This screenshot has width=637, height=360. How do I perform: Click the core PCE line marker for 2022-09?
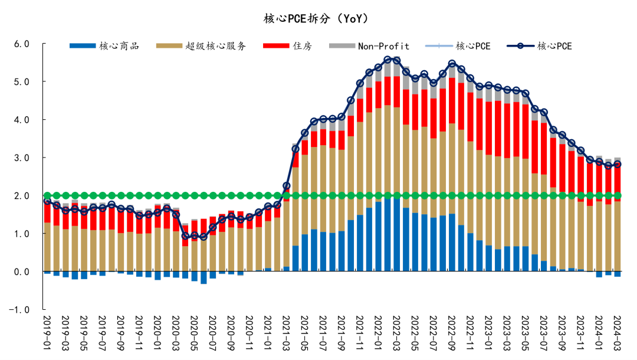click(x=452, y=64)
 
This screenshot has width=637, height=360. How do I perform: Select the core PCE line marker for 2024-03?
click(x=618, y=165)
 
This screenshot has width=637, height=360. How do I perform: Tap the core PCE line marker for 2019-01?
click(x=47, y=202)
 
